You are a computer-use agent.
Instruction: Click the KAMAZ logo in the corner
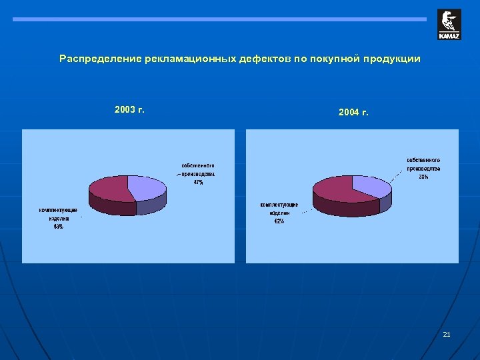click(449, 25)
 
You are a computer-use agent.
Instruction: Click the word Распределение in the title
click(95, 59)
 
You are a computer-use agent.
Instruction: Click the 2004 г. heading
click(353, 113)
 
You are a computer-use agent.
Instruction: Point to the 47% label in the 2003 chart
click(198, 183)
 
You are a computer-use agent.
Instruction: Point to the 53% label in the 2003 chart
click(59, 227)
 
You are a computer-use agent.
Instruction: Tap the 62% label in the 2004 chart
click(279, 221)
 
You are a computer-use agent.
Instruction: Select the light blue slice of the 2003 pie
click(147, 187)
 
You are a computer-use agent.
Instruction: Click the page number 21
click(447, 333)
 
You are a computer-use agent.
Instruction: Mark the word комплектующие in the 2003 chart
click(58, 210)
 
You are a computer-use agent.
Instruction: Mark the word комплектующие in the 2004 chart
click(279, 205)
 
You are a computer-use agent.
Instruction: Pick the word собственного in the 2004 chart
click(423, 160)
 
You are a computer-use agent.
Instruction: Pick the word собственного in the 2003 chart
click(198, 165)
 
